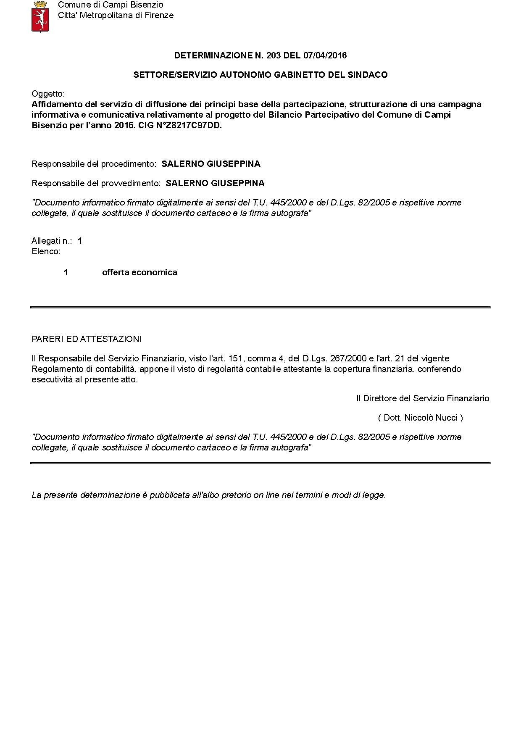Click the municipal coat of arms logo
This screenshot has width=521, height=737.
coord(41,16)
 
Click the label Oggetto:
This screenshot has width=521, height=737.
coord(48,94)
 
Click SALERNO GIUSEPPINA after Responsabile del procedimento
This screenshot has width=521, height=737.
coord(211,164)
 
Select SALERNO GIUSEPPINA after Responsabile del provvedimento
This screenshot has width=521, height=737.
coord(215,183)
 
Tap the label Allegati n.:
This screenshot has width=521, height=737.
coord(52,241)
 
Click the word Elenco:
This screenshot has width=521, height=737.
coord(46,252)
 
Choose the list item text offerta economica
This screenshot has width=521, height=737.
coord(139,272)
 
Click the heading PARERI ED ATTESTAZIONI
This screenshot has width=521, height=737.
coord(87,339)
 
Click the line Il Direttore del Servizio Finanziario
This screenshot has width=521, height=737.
coord(423,398)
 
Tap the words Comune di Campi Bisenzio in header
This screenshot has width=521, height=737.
coord(111,5)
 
